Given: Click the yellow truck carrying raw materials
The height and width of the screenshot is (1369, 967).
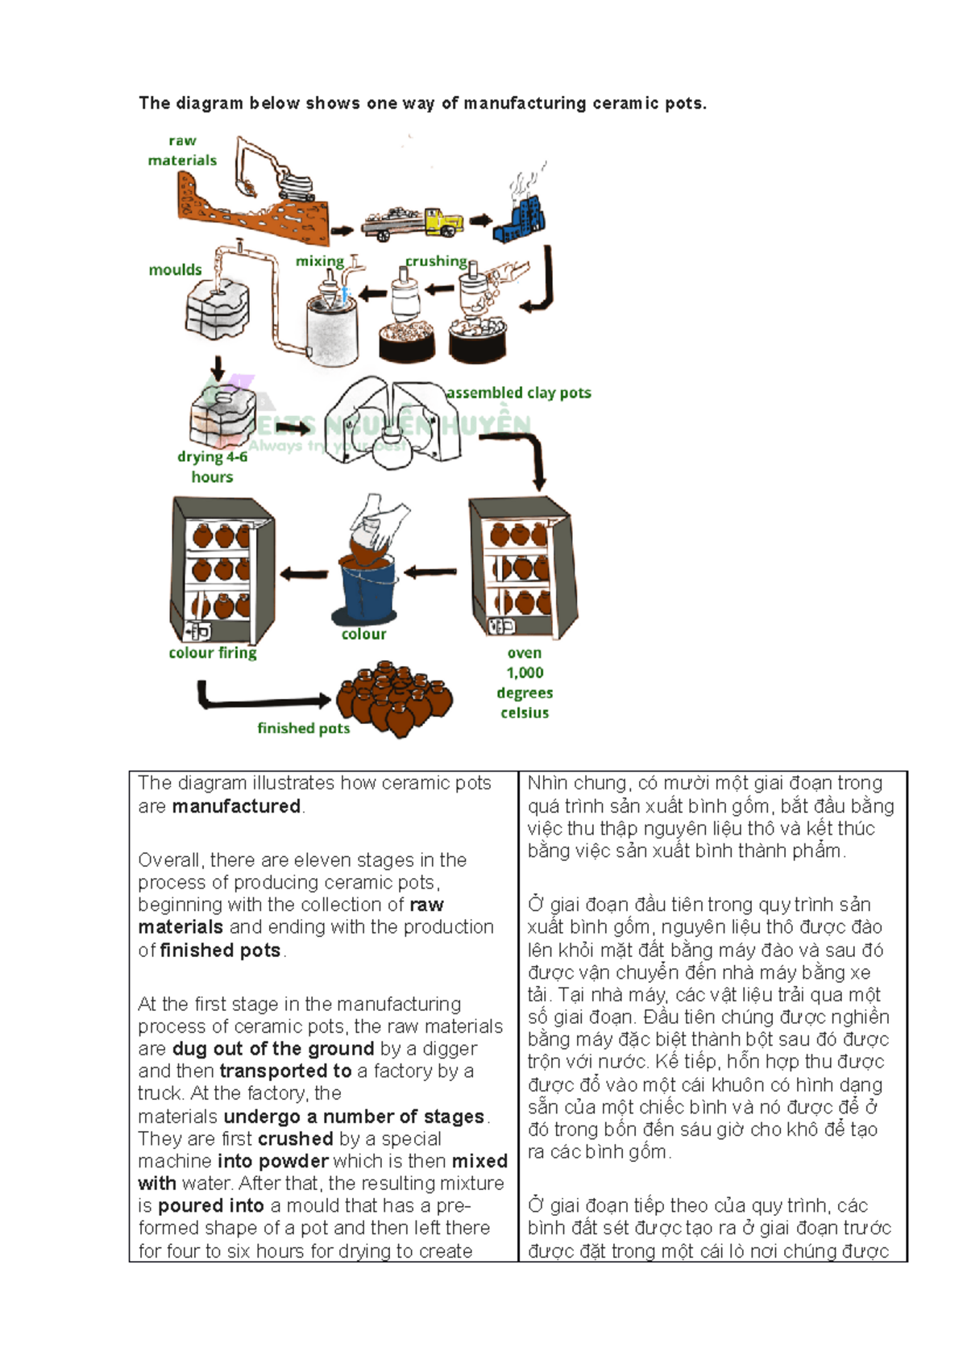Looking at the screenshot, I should [x=413, y=221].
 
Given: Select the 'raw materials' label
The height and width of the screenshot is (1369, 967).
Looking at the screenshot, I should [x=182, y=151].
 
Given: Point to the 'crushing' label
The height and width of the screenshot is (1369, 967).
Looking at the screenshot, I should [x=436, y=260].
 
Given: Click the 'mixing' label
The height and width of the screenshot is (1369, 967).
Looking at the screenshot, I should [x=319, y=260].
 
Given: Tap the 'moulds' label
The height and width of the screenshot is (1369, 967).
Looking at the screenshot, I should [x=175, y=269].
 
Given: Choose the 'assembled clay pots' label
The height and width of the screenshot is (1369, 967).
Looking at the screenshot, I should [x=519, y=393].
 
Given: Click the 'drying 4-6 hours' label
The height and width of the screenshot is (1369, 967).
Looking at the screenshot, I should [x=212, y=466].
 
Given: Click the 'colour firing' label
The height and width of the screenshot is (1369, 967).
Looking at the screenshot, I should [x=213, y=652].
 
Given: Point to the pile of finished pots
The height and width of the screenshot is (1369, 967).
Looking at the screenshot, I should [x=394, y=698].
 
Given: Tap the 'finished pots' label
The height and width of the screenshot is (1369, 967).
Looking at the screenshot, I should [x=304, y=728].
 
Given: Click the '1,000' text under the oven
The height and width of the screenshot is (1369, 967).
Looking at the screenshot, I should [x=525, y=672].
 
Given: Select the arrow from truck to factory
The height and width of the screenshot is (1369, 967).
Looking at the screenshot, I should [x=481, y=220].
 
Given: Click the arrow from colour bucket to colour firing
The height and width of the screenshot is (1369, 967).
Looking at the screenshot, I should [x=304, y=574].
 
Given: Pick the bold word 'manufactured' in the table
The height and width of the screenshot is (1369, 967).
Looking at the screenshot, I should [x=236, y=806].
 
